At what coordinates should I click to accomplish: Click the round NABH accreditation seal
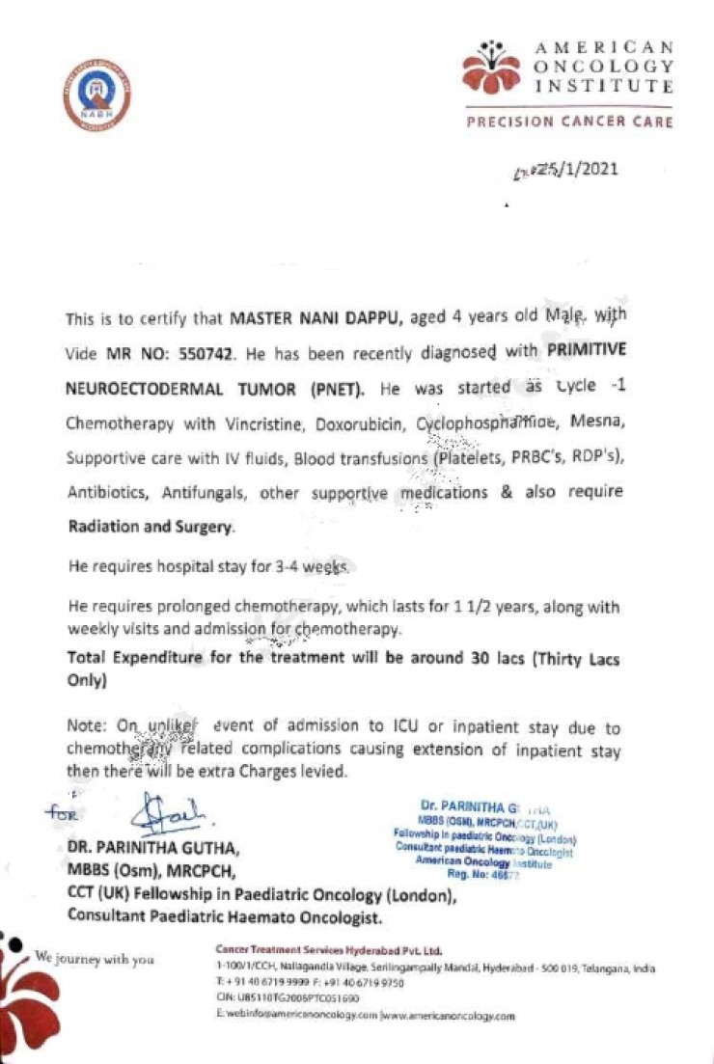[97, 98]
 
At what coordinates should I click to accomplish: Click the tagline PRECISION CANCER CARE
[569, 123]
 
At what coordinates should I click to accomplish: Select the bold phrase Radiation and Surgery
[151, 528]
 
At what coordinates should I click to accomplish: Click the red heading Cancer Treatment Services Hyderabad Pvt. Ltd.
[328, 949]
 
